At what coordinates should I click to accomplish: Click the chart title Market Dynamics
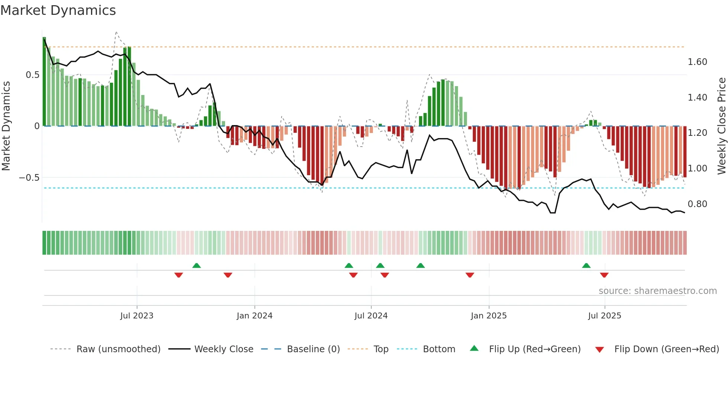pyautogui.click(x=58, y=10)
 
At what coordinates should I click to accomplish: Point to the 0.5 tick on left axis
pyautogui.click(x=32, y=75)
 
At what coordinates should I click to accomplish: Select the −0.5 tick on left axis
pyautogui.click(x=29, y=178)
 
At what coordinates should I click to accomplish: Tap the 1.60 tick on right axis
pyautogui.click(x=697, y=62)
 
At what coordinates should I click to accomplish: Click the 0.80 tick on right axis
pyautogui.click(x=697, y=204)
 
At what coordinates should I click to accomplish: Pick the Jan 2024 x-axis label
pyautogui.click(x=254, y=316)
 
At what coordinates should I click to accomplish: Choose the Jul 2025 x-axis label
pyautogui.click(x=604, y=316)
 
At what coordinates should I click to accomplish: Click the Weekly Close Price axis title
pyautogui.click(x=721, y=126)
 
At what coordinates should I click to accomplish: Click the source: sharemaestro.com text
pyautogui.click(x=657, y=291)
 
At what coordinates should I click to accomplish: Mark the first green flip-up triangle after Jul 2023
pyautogui.click(x=196, y=265)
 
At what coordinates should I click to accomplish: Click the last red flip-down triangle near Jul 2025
pyautogui.click(x=604, y=275)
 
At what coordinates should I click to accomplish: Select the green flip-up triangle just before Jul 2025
pyautogui.click(x=586, y=265)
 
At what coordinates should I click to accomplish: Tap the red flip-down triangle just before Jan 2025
pyautogui.click(x=470, y=275)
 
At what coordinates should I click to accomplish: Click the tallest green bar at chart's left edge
pyautogui.click(x=44, y=82)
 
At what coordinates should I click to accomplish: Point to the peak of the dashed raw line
pyautogui.click(x=116, y=32)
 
